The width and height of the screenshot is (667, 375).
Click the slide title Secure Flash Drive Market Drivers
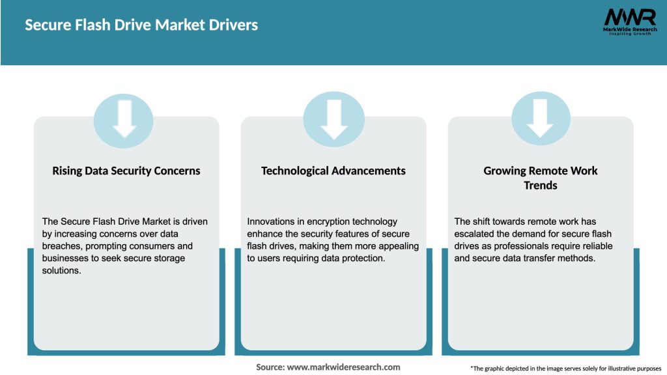pos(141,25)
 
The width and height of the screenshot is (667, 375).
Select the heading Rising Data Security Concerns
pos(126,171)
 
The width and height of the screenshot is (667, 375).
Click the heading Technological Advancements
pos(333,171)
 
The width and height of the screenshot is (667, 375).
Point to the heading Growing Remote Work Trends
pos(540,178)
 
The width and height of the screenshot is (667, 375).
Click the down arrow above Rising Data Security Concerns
pos(124,120)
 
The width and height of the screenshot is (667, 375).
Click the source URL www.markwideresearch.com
pos(344,367)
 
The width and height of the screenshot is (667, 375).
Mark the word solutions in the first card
pos(62,271)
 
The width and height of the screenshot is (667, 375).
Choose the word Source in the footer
pos(270,367)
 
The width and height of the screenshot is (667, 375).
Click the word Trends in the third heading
pos(541,186)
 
